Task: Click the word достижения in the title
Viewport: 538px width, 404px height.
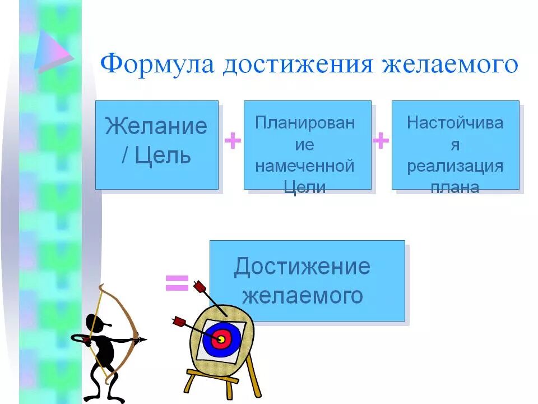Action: [298, 63]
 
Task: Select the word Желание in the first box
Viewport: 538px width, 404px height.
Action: [156, 126]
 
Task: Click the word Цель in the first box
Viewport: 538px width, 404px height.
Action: [164, 155]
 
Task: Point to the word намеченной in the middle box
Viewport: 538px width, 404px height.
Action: [305, 167]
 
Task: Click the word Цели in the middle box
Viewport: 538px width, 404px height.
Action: [305, 187]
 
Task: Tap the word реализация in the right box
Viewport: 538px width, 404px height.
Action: [455, 167]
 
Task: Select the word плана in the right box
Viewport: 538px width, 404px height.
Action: [455, 187]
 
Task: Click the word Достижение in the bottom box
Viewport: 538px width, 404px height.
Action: [302, 267]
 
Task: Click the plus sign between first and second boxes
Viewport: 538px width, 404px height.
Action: [232, 141]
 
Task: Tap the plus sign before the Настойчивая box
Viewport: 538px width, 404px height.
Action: [381, 141]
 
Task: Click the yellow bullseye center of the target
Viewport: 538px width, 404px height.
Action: [221, 339]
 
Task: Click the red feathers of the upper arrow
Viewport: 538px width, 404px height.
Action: [200, 287]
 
